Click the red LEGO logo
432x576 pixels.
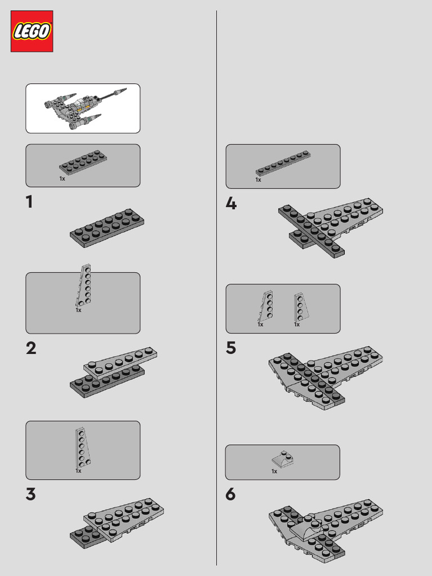click(32, 31)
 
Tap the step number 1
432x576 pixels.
click(29, 202)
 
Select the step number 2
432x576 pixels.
click(31, 348)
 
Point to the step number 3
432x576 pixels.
click(31, 494)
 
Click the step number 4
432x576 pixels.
click(231, 203)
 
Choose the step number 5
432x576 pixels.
click(231, 348)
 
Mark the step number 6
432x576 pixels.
click(230, 494)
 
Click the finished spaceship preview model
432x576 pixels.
click(85, 108)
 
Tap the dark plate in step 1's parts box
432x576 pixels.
click(83, 162)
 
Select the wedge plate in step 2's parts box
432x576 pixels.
click(84, 285)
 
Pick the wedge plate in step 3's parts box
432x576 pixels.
click(83, 448)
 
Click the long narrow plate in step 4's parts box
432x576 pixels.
click(283, 163)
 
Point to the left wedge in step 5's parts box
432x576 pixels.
click(266, 306)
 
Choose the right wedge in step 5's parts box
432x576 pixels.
click(300, 307)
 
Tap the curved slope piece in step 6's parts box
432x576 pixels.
click(283, 459)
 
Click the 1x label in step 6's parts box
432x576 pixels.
click(274, 471)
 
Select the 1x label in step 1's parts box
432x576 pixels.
click(62, 178)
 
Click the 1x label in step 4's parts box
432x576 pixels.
click(258, 179)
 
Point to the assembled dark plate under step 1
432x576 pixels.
click(107, 228)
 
